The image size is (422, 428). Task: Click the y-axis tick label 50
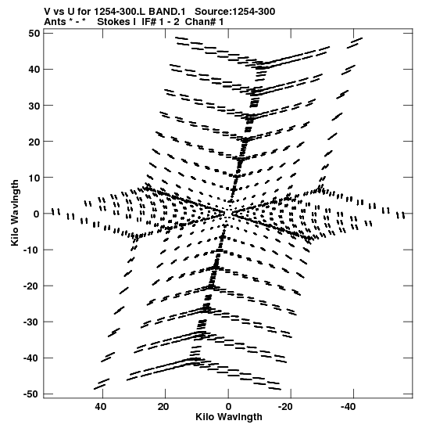(x=34, y=34)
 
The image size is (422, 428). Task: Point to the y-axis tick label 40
(x=34, y=70)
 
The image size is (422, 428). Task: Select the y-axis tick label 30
(x=34, y=106)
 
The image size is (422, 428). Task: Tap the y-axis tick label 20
(x=34, y=142)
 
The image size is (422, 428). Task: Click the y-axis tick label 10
(x=34, y=178)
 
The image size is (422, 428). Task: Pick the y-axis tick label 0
(x=37, y=214)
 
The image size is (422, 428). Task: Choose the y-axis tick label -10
(x=32, y=250)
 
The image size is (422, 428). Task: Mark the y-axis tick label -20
(x=32, y=286)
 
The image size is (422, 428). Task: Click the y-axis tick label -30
(x=32, y=322)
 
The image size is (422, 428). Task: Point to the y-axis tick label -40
(x=32, y=358)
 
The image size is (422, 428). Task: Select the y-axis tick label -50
(x=32, y=394)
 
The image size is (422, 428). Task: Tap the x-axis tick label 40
(x=100, y=407)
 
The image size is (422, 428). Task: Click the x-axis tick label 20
(x=163, y=407)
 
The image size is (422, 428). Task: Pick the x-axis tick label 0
(x=228, y=407)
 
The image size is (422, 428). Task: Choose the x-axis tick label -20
(x=285, y=407)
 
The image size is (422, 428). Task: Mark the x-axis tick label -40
(x=348, y=407)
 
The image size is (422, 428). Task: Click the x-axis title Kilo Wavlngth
(x=229, y=417)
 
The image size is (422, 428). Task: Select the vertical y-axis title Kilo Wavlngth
(x=15, y=213)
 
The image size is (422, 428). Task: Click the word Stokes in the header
(x=113, y=22)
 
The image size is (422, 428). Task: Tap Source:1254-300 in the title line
(x=235, y=12)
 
